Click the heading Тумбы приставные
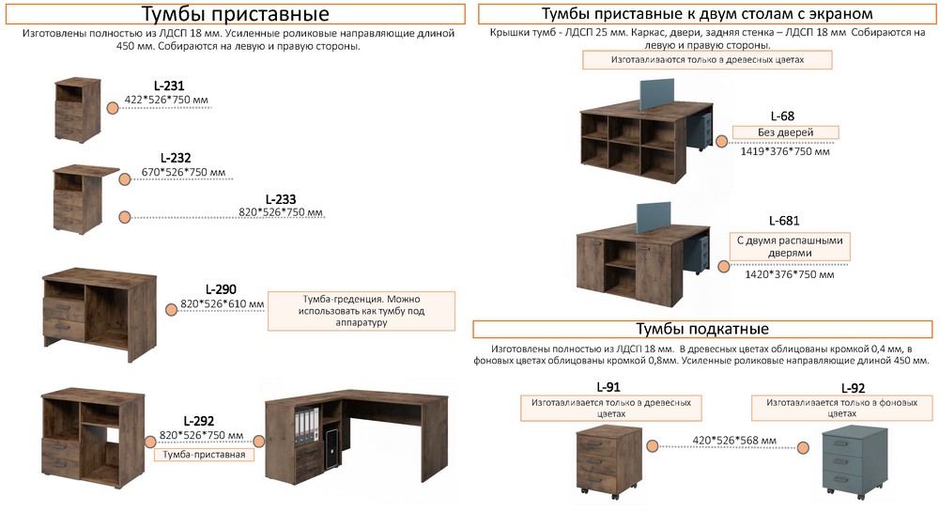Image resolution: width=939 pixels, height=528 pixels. tap(235, 14)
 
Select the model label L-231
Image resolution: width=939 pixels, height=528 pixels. tap(168, 85)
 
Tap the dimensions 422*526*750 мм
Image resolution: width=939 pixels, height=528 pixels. tap(166, 99)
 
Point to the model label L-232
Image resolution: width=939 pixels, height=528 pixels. tap(175, 158)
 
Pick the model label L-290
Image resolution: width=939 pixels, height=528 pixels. tap(221, 289)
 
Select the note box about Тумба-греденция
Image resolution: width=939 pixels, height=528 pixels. tap(361, 310)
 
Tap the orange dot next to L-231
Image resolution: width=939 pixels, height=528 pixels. tap(113, 108)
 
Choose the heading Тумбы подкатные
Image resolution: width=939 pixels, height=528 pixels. tap(702, 329)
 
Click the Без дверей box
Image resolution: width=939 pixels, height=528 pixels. tap(785, 132)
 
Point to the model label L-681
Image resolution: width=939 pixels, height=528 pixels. tap(784, 221)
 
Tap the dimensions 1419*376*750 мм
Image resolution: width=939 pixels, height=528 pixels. tap(785, 150)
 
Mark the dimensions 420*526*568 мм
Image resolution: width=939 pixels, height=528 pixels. tap(733, 440)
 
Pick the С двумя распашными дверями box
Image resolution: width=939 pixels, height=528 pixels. tap(790, 246)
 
